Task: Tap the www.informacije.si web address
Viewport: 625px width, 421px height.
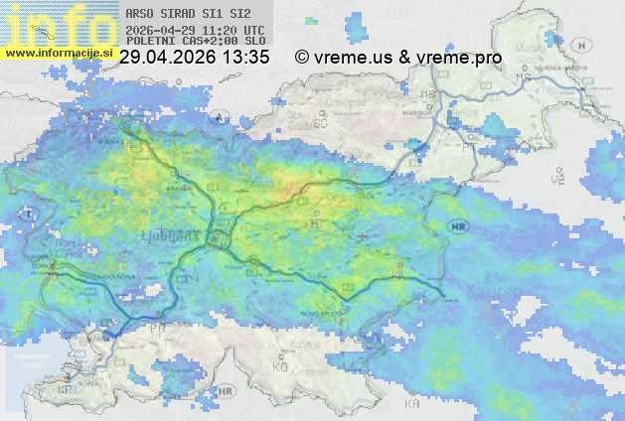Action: pyautogui.click(x=56, y=53)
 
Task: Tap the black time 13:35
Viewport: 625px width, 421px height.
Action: pyautogui.click(x=246, y=58)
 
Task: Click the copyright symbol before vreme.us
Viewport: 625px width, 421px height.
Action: pyautogui.click(x=302, y=58)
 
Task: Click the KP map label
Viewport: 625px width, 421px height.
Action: pyautogui.click(x=66, y=389)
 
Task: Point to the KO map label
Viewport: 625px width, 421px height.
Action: pyautogui.click(x=279, y=366)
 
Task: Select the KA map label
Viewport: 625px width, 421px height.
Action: pyautogui.click(x=411, y=406)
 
